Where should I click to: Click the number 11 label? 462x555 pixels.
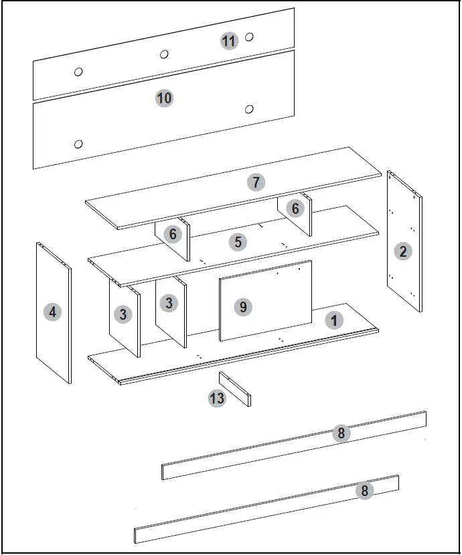229,41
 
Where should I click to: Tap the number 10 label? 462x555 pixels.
164,99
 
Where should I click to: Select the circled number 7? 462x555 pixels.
255,182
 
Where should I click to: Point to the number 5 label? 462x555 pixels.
238,242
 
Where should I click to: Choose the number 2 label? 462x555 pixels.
402,251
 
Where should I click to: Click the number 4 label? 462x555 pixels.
52,312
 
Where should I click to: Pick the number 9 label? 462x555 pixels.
243,307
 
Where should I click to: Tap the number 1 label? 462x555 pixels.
333,320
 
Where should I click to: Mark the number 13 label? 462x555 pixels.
217,399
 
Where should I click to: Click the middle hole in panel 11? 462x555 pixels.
164,54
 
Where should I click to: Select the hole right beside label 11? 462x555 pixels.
249,37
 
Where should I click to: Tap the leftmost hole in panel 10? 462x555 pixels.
78,143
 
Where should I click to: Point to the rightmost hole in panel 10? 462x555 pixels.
249,109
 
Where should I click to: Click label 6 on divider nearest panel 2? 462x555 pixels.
295,208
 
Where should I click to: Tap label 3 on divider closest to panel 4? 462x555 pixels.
123,314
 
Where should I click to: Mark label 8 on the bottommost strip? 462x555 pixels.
364,491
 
